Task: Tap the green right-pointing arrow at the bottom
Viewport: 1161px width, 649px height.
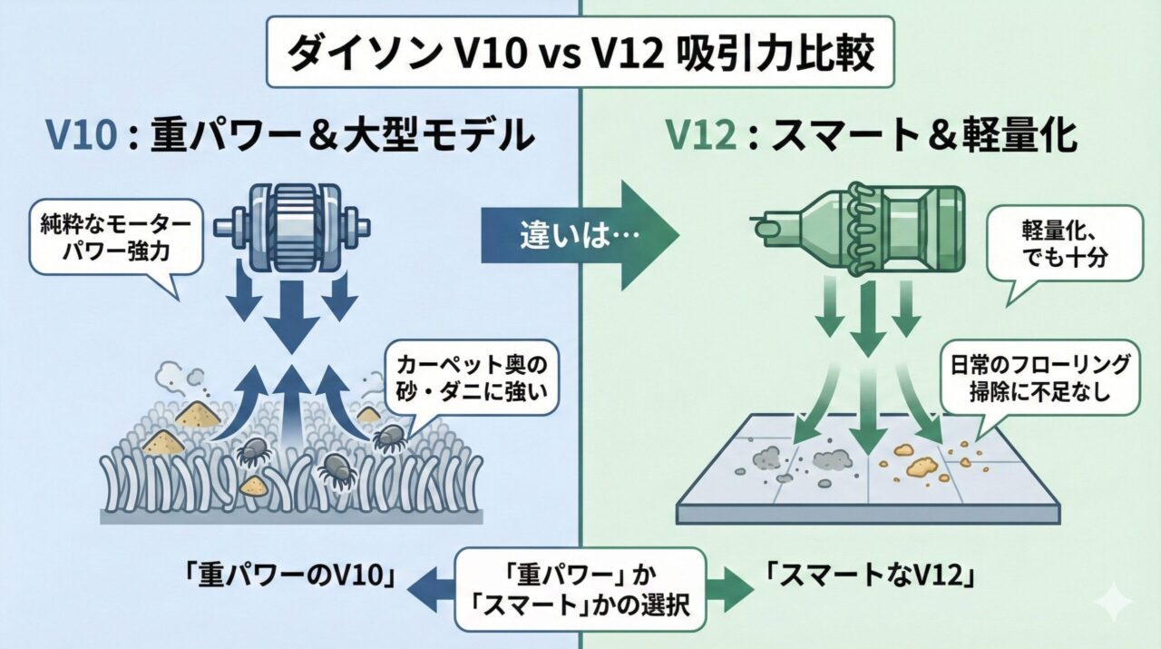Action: [x=730, y=591]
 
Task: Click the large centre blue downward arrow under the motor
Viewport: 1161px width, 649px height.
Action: [x=291, y=318]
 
